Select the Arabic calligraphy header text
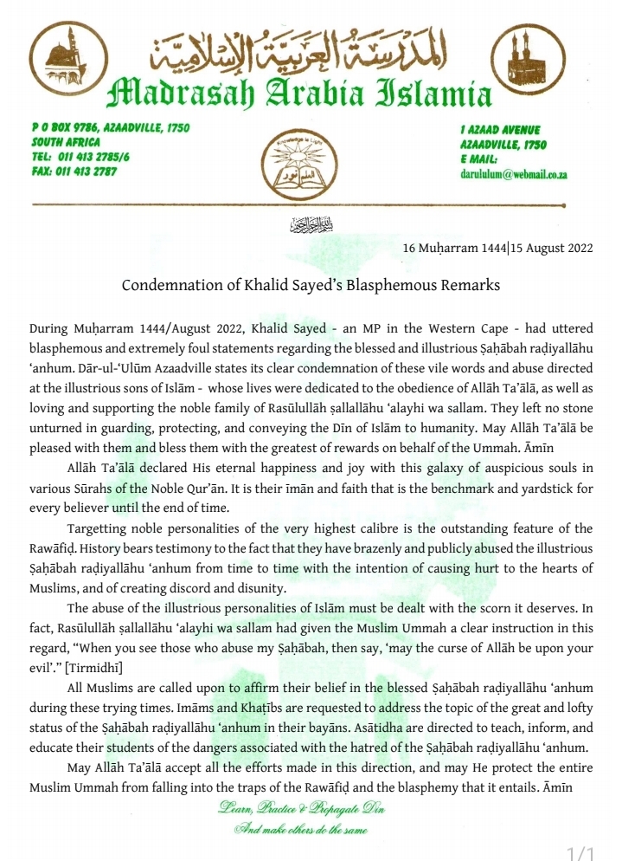pyautogui.click(x=298, y=54)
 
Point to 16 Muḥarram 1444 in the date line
pyautogui.click(x=446, y=248)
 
